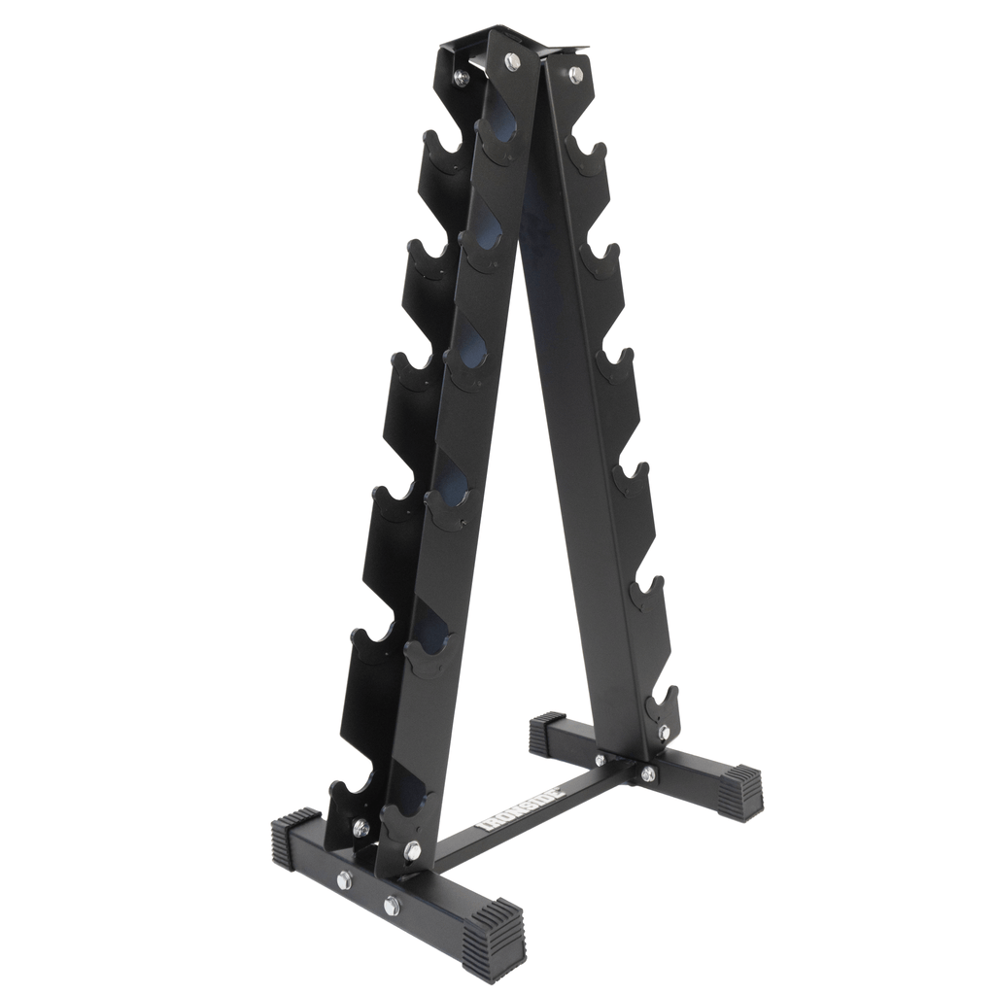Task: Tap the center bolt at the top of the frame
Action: pos(512,61)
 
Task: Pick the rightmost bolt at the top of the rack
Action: pos(575,74)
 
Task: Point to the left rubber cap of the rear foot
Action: pos(547,735)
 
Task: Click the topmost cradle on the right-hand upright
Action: pos(586,155)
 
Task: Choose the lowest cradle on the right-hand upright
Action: pos(663,702)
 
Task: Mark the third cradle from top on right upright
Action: pos(614,365)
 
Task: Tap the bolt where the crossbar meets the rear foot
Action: pos(647,773)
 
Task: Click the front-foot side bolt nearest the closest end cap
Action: pos(392,906)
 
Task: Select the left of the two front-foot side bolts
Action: pos(344,879)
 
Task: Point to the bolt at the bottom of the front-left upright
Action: pos(412,850)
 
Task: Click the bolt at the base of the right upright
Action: pos(664,732)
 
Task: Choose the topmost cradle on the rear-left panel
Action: pos(443,154)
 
